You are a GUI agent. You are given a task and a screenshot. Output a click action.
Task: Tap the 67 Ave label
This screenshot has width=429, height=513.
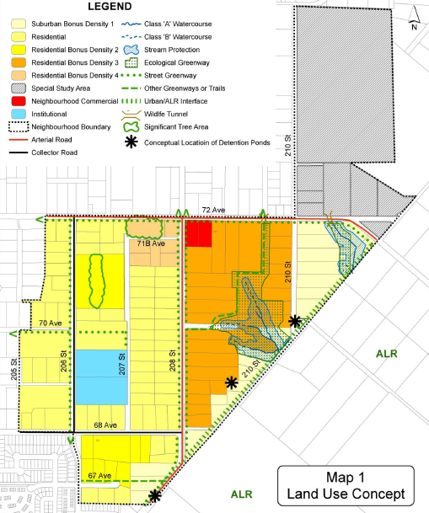click(x=99, y=476)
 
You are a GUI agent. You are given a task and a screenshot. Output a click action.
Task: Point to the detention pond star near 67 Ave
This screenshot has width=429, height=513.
click(x=153, y=495)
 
